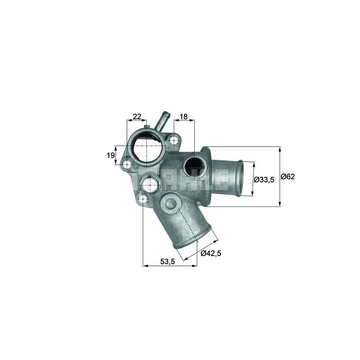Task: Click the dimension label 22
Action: pos(137,117)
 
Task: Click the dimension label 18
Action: pos(184,117)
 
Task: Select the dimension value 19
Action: pos(110,156)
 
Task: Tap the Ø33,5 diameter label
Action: pos(264,180)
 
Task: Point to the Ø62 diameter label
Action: pos(288,177)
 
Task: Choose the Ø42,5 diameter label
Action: pos(211,253)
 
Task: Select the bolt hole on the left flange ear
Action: pos(127,165)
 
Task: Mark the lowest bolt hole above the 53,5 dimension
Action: pos(143,198)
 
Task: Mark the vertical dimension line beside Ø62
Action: pos(280,177)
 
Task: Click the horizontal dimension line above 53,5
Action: pos(170,266)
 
